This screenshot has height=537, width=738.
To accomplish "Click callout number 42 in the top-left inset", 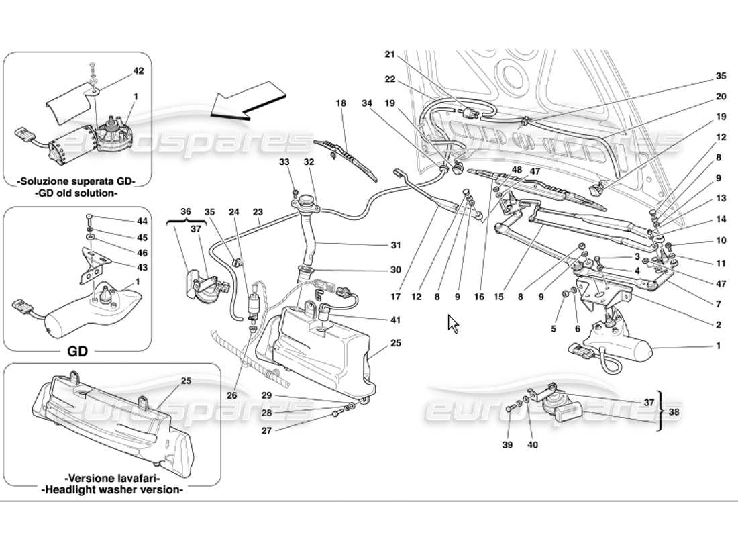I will click(138, 70).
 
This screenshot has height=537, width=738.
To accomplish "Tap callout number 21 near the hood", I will click(390, 55).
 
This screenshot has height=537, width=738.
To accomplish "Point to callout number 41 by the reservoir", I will click(395, 320).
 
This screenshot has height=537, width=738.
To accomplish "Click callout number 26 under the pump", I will click(232, 395).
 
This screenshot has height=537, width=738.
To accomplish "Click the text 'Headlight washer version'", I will click(112, 490).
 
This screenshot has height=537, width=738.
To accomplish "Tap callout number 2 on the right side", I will click(718, 325).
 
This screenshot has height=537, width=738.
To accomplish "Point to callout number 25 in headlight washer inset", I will click(186, 381).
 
